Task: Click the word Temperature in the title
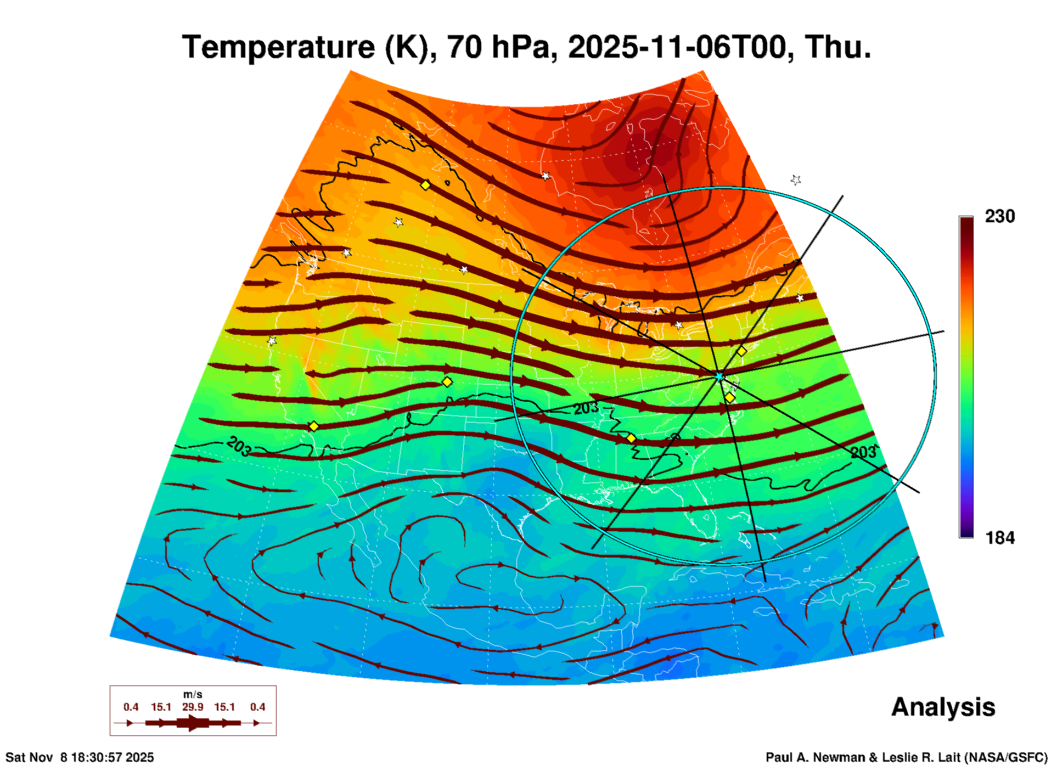[x=278, y=47]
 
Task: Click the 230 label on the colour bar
[x=999, y=217]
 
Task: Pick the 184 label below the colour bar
[x=999, y=538]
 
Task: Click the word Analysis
[x=943, y=707]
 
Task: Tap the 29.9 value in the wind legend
[x=193, y=707]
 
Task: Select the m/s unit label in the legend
[x=193, y=695]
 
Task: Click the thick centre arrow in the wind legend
[x=192, y=723]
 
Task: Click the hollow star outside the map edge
[x=796, y=180]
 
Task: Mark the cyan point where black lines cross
[x=719, y=376]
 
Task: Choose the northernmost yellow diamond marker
[x=425, y=185]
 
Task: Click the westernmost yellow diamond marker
[x=313, y=426]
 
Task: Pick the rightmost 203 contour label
[x=863, y=452]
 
